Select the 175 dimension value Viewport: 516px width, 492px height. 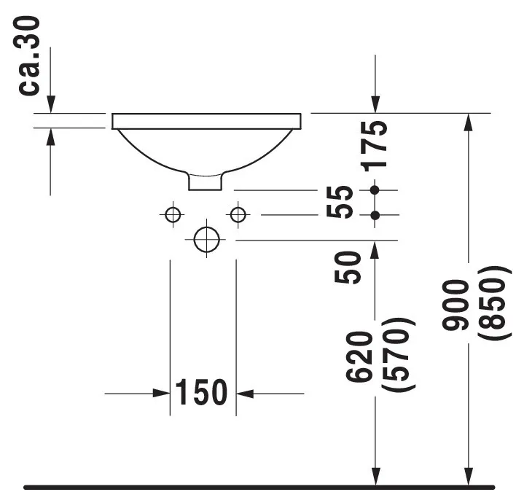pos(375,145)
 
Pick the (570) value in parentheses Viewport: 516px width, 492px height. pos(401,355)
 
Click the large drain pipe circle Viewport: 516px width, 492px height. pos(206,239)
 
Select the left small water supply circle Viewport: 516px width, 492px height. pos(173,214)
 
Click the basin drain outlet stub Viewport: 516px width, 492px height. pos(206,181)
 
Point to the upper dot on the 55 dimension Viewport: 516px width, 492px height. pos(375,190)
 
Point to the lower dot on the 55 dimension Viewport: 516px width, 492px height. pos(375,215)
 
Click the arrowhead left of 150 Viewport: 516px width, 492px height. pos(162,394)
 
